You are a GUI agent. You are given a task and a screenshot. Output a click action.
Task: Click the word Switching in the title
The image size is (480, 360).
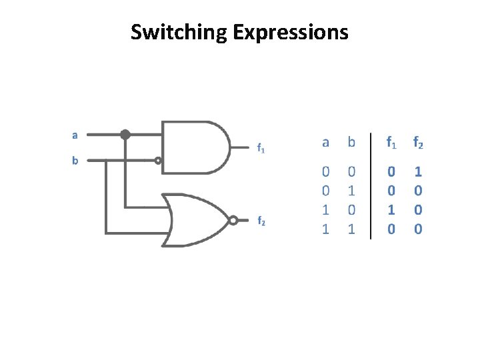pyautogui.click(x=178, y=32)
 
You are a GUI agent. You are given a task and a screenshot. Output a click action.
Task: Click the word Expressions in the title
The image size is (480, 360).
pyautogui.click(x=290, y=32)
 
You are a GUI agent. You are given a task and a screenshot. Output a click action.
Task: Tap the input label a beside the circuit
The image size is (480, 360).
pyautogui.click(x=75, y=134)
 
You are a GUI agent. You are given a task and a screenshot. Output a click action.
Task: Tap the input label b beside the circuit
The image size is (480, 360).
pyautogui.click(x=75, y=161)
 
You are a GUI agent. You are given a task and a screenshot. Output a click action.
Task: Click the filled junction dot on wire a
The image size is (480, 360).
pyautogui.click(x=125, y=134)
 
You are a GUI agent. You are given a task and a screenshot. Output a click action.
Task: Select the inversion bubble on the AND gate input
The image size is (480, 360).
pyautogui.click(x=158, y=161)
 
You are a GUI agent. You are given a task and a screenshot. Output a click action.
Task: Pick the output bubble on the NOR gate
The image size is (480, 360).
pyautogui.click(x=233, y=221)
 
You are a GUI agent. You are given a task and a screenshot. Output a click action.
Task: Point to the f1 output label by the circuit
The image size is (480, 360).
pyautogui.click(x=261, y=149)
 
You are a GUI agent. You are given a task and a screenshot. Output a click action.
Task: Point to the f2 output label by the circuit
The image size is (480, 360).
pyautogui.click(x=261, y=222)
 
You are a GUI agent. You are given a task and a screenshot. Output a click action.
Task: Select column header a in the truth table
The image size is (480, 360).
pyautogui.click(x=325, y=141)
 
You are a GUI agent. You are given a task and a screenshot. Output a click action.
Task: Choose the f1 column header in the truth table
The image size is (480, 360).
pyautogui.click(x=391, y=141)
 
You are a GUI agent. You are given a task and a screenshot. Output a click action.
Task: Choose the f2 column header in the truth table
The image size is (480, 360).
pyautogui.click(x=418, y=141)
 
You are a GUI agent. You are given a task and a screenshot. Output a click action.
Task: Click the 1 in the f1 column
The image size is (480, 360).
pyautogui.click(x=391, y=209)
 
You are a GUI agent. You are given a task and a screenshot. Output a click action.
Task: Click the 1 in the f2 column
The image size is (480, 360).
pyautogui.click(x=418, y=171)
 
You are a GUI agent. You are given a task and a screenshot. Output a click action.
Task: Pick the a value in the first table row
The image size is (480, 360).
pyautogui.click(x=325, y=171)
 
